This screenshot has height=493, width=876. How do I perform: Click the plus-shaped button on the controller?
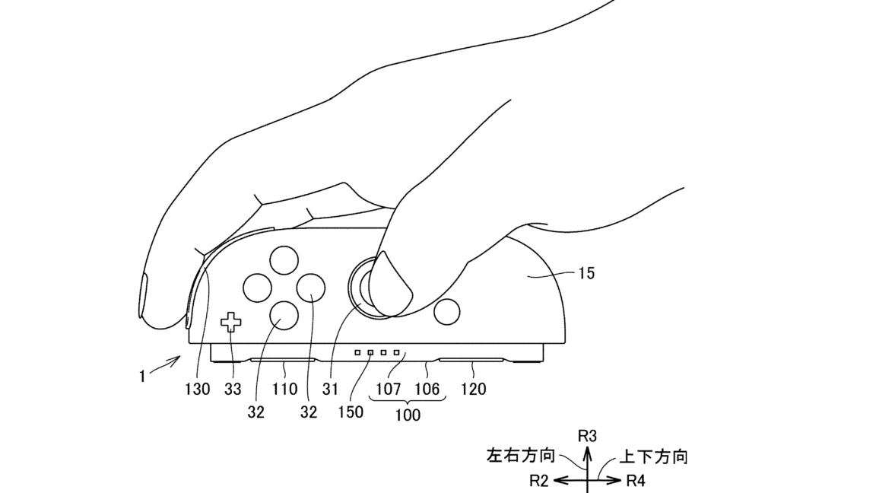tap(230, 323)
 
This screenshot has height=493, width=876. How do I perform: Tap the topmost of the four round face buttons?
tap(283, 261)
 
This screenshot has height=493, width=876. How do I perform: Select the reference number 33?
tap(233, 389)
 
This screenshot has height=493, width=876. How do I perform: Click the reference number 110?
tap(286, 389)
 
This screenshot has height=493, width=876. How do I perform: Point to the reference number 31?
tap(330, 389)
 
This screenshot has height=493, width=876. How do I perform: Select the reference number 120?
tap(473, 389)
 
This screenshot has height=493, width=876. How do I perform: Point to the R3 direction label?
tap(587, 436)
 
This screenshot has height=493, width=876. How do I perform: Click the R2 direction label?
tap(539, 480)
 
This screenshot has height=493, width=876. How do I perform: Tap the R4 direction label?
tap(637, 480)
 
